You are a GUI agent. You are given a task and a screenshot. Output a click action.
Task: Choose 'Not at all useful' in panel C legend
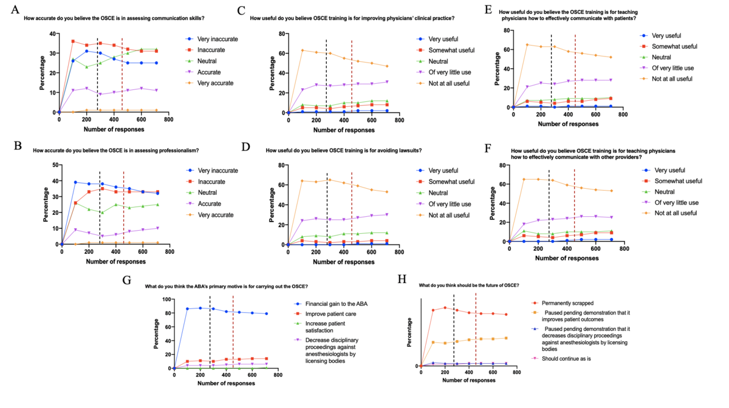(448, 83)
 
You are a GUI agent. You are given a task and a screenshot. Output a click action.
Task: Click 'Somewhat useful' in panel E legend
(672, 46)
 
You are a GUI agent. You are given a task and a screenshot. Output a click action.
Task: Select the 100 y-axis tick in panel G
(165, 299)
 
